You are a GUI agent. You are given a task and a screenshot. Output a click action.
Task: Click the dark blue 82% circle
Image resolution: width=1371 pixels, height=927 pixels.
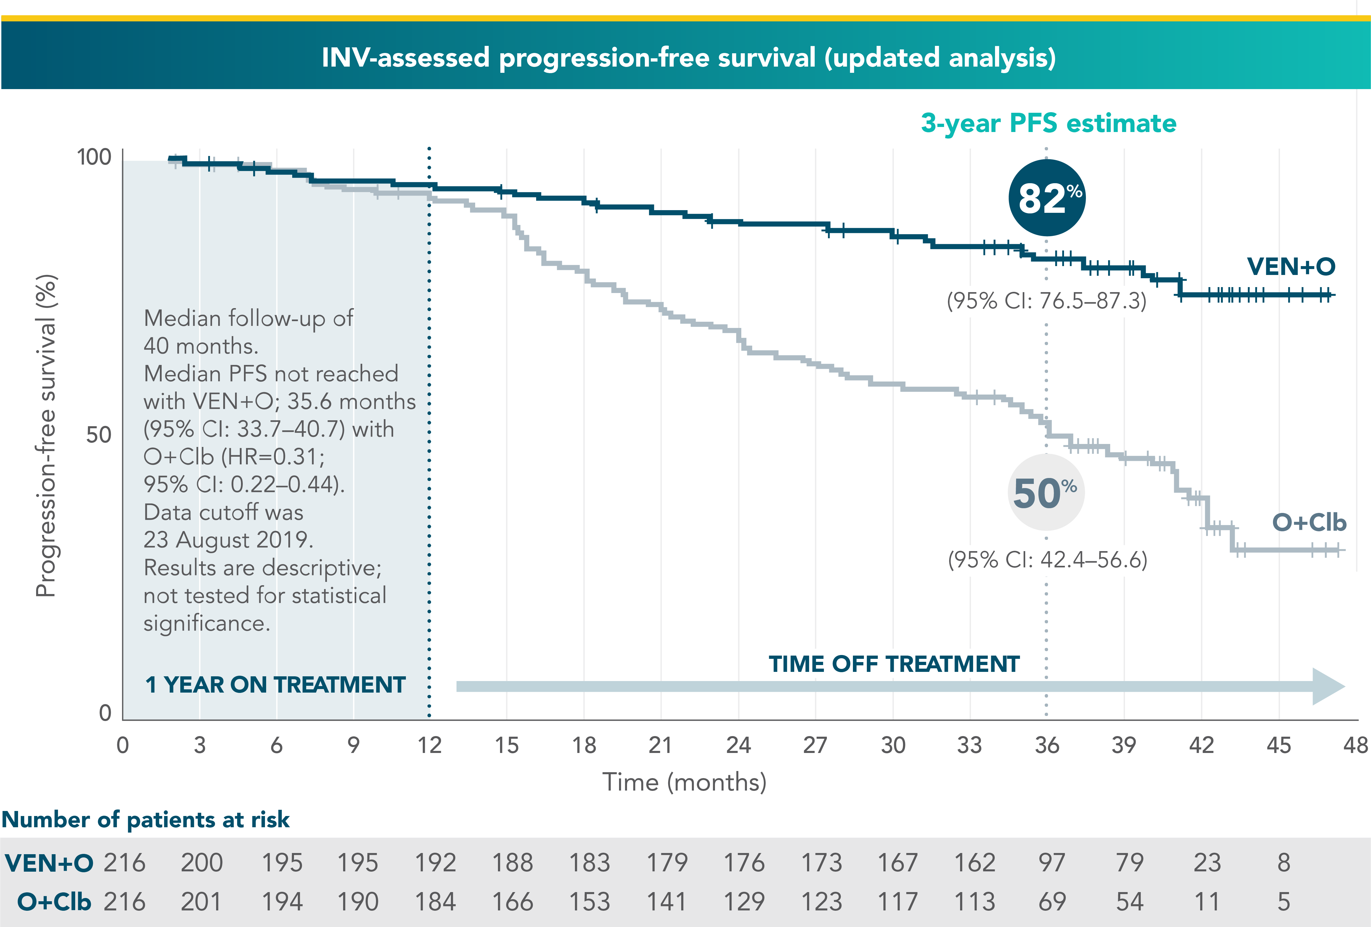pyautogui.click(x=1047, y=197)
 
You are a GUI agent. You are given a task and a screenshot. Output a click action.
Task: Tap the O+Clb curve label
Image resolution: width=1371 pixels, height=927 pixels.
pyautogui.click(x=1309, y=522)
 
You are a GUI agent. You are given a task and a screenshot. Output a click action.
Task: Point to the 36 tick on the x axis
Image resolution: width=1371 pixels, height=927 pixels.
pyautogui.click(x=1047, y=745)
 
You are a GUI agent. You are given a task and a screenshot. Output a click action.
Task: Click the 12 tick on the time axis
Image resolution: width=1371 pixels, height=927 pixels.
pyautogui.click(x=430, y=745)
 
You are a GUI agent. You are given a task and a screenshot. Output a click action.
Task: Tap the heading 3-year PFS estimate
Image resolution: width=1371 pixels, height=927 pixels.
pyautogui.click(x=1048, y=123)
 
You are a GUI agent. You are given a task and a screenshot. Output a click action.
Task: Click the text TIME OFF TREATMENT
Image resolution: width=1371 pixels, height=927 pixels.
pyautogui.click(x=894, y=664)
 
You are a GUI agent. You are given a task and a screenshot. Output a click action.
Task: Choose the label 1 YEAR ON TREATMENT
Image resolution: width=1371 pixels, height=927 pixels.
pyautogui.click(x=275, y=685)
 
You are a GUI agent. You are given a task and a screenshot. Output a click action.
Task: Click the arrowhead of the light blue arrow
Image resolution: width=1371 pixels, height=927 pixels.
pyautogui.click(x=1327, y=686)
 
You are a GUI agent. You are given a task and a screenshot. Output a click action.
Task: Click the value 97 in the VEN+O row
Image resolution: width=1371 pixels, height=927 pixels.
pyautogui.click(x=1052, y=863)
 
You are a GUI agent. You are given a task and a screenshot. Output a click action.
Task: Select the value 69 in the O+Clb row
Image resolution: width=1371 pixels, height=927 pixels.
pyautogui.click(x=1052, y=902)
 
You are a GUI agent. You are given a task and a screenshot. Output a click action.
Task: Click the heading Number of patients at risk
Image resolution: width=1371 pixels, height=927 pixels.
pyautogui.click(x=146, y=820)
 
